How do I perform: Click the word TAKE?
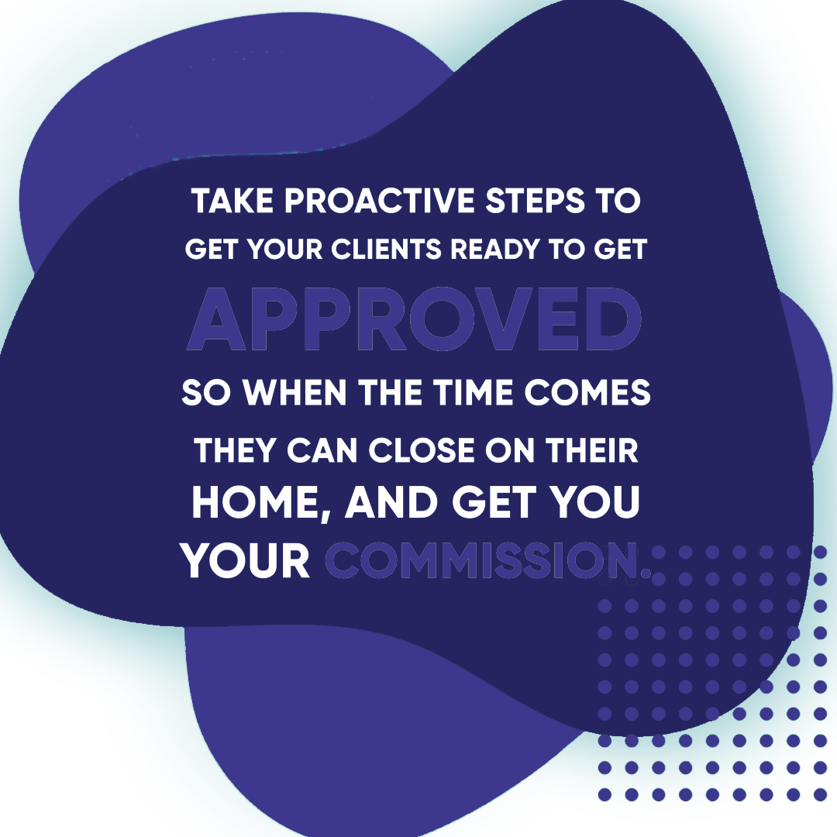pyautogui.click(x=233, y=201)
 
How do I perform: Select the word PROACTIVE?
pyautogui.click(x=380, y=201)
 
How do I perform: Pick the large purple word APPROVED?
pyautogui.click(x=415, y=319)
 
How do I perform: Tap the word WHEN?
pyautogui.click(x=295, y=392)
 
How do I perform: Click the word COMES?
pyautogui.click(x=587, y=392)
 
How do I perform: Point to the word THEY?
pyautogui.click(x=236, y=450)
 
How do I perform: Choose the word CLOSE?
pyautogui.click(x=422, y=450)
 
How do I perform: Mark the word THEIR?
pyautogui.click(x=591, y=450)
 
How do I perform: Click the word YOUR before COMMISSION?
pyautogui.click(x=246, y=560)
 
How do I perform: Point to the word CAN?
pyautogui.click(x=322, y=450)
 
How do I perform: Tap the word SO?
pyautogui.click(x=205, y=392)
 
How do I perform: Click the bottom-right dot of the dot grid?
pyautogui.click(x=820, y=794)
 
